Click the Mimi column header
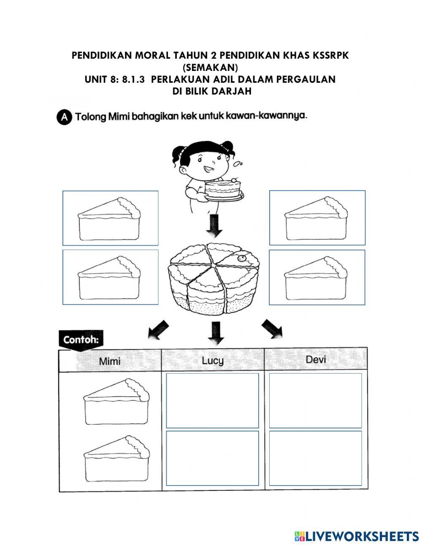tap(110, 361)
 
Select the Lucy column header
tap(213, 360)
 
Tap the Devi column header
tap(316, 359)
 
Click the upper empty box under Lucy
tap(212, 400)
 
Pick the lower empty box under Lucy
tap(212, 458)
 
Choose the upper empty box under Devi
tap(315, 400)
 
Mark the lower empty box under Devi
tap(315, 458)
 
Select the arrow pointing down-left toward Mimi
tap(158, 330)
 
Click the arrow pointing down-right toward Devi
tap(272, 329)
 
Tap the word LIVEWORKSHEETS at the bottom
tap(362, 536)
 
